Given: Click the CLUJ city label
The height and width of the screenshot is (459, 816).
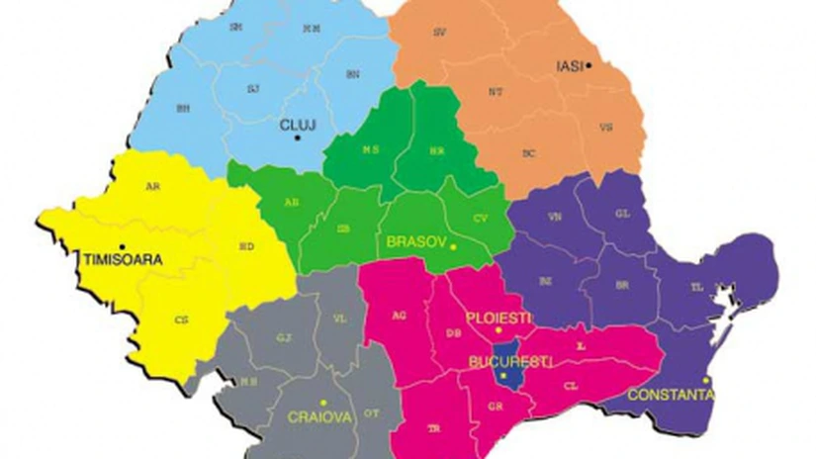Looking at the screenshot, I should point(298,126).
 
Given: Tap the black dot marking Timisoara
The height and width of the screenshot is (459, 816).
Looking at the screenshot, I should point(122,246).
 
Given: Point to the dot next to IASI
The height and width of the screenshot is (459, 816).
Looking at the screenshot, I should point(589,65).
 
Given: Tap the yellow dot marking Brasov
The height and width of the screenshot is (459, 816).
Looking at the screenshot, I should point(453,246).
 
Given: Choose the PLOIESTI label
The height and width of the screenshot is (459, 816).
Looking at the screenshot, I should point(499,318).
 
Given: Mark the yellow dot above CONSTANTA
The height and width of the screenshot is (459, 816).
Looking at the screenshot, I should point(706,380).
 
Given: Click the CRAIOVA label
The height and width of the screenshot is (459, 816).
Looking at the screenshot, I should point(319,417).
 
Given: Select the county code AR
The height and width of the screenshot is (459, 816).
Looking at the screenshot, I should point(151,186).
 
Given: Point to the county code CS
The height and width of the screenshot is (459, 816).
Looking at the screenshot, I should point(180,320).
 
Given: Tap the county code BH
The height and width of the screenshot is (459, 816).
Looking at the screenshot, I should point(182,108).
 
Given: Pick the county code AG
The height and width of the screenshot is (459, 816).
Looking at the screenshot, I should point(400,316).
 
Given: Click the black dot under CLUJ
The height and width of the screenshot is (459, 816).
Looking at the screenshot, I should point(297,138).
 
